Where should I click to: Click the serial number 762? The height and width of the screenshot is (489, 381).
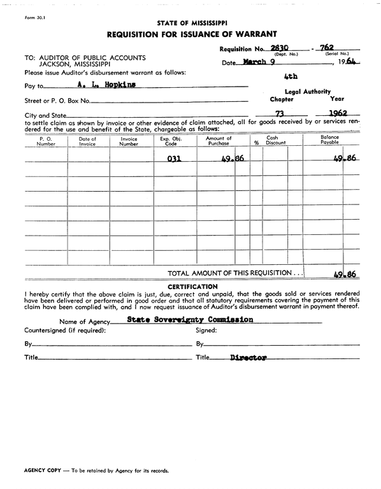(327, 48)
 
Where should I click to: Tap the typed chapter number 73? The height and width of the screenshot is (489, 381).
(278, 114)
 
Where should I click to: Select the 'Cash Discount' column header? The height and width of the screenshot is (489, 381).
(276, 141)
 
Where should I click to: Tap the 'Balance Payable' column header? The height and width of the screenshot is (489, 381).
(329, 141)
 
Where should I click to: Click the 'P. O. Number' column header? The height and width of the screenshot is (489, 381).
(46, 141)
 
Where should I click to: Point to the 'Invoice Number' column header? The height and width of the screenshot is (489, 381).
(129, 141)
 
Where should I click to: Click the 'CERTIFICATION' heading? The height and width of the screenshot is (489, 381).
(192, 287)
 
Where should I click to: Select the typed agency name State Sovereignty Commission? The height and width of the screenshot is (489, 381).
(190, 320)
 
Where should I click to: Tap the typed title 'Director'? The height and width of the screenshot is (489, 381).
(248, 358)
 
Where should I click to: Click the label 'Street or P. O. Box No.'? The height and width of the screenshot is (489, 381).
(57, 101)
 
